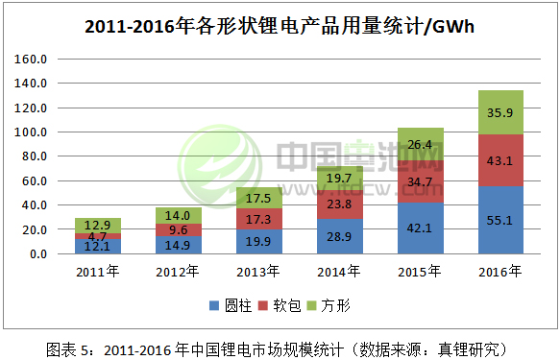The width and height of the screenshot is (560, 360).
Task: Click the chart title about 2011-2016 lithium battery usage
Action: [280, 26]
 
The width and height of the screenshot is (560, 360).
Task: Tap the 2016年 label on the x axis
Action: [500, 273]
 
